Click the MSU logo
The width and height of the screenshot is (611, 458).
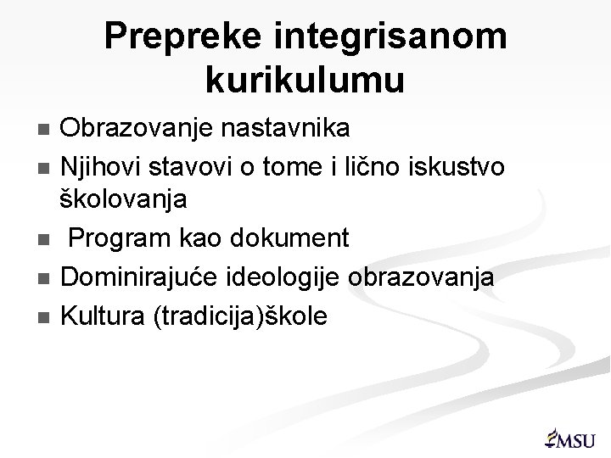569,435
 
